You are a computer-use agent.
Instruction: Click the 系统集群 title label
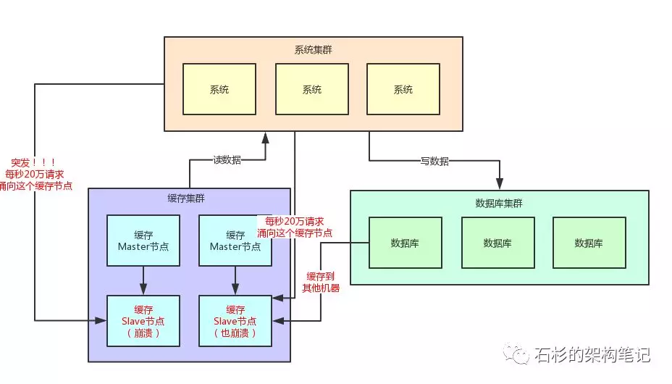click(313, 50)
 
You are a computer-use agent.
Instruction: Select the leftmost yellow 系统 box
click(219, 89)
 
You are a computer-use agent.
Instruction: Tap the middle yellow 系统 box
click(312, 89)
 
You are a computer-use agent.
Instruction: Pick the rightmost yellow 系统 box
click(403, 89)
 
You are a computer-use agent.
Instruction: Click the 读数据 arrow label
click(227, 160)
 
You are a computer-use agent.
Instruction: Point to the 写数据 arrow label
click(434, 161)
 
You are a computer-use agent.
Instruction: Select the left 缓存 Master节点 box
click(143, 240)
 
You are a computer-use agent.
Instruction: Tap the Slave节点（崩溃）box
click(143, 321)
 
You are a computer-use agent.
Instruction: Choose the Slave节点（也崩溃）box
click(235, 321)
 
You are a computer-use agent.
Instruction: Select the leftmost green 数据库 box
click(405, 243)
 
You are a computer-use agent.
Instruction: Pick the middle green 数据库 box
click(497, 243)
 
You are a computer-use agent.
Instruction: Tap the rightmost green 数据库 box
click(589, 243)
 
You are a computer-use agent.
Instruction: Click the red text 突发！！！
click(33, 162)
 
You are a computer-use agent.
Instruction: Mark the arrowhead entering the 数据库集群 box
click(500, 185)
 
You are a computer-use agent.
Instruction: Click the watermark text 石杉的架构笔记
click(592, 355)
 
